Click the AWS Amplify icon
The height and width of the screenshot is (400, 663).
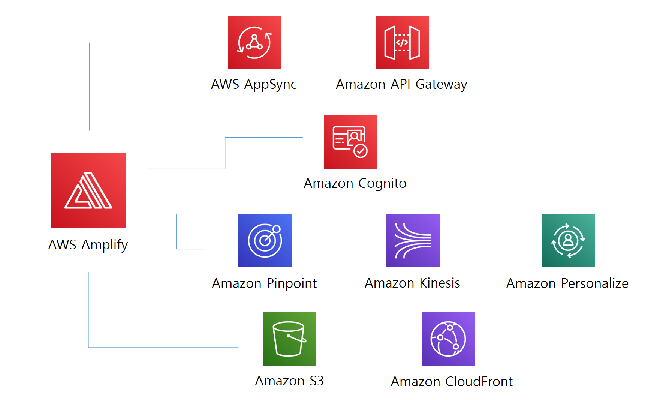point(88,190)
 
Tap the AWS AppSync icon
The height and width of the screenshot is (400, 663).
point(254,43)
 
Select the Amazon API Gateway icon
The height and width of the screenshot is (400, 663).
point(402,43)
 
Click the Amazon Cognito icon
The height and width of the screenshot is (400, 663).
point(350,142)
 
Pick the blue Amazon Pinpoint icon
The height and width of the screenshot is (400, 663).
point(265,240)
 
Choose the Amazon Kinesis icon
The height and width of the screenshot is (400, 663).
point(413,240)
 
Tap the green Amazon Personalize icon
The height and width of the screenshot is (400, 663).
point(568,240)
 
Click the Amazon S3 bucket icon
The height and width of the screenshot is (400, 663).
point(289,339)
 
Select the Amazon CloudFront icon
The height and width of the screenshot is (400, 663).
point(448,339)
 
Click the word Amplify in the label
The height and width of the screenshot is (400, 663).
point(105,245)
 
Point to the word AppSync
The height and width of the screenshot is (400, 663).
point(270,85)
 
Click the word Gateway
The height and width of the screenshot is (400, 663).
point(441,85)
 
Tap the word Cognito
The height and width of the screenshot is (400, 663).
point(382,184)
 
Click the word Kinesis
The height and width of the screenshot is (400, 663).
point(440,283)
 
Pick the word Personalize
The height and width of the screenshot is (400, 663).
point(594,283)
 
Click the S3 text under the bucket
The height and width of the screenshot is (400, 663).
point(316,381)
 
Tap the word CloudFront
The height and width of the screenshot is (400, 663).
point(479,382)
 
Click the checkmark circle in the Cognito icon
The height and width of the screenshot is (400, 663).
point(361,151)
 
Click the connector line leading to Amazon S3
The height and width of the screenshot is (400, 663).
point(161,347)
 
